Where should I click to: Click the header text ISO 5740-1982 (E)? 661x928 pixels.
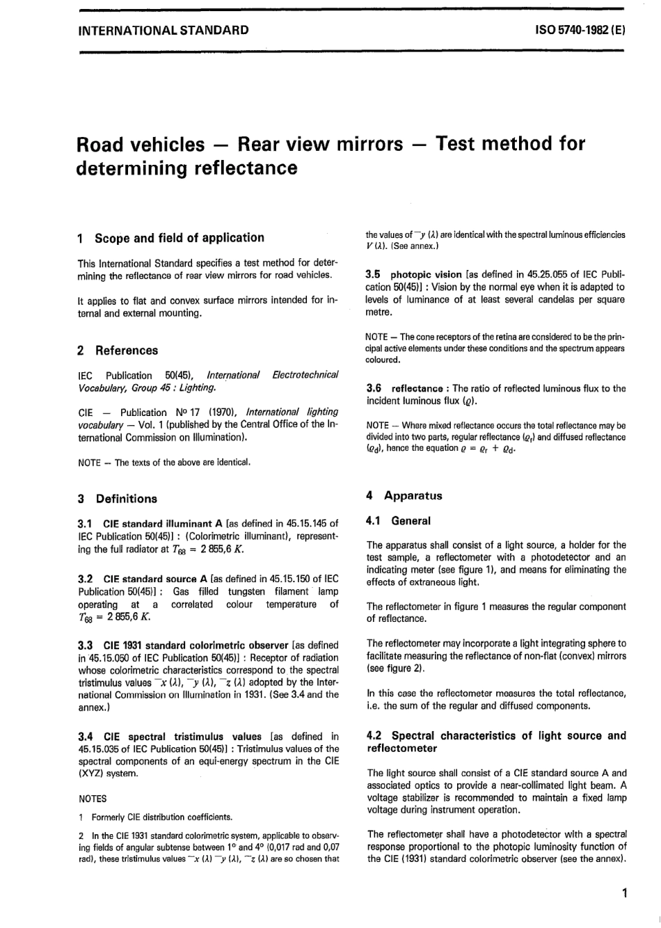(580, 30)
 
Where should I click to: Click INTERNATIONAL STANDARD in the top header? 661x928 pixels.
(164, 30)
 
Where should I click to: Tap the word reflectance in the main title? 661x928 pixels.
(240, 168)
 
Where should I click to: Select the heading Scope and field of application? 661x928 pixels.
(179, 238)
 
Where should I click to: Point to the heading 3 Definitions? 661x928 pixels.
(118, 499)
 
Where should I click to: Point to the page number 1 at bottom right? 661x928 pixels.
(625, 893)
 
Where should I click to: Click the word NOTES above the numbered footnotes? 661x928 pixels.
(93, 799)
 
